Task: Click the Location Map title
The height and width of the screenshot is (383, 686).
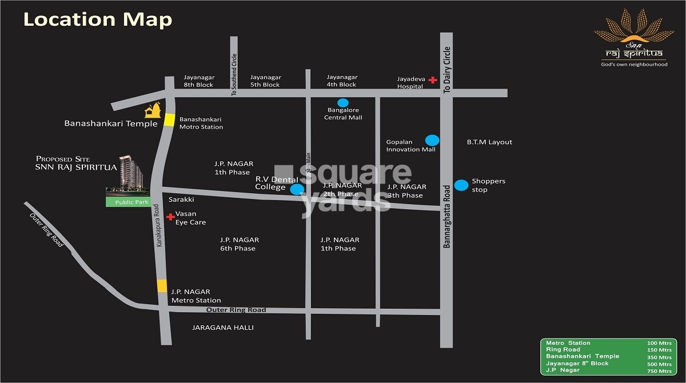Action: [97, 19]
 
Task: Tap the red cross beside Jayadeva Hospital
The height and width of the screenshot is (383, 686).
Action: [433, 80]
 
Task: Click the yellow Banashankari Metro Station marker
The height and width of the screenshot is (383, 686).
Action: [169, 119]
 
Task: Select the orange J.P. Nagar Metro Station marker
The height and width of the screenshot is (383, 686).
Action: [162, 286]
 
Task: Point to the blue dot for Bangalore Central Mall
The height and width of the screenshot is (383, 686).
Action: [343, 102]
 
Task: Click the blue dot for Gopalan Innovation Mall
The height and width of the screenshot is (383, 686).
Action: [432, 140]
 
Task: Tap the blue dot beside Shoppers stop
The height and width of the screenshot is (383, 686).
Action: [461, 185]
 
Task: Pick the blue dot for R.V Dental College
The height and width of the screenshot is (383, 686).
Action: [297, 189]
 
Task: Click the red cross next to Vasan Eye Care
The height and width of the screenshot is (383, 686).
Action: [170, 217]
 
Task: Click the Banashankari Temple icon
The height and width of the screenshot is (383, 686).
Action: [153, 110]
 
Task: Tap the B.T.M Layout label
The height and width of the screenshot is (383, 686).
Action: [489, 142]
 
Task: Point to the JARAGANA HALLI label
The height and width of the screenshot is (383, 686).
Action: [223, 328]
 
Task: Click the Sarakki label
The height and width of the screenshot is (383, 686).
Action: [181, 200]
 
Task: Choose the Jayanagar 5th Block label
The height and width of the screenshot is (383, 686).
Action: [266, 81]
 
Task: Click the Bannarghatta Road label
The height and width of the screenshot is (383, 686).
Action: [448, 216]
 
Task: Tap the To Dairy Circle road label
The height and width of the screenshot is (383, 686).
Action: [448, 70]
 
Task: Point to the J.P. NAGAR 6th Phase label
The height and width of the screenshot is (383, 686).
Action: [239, 244]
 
